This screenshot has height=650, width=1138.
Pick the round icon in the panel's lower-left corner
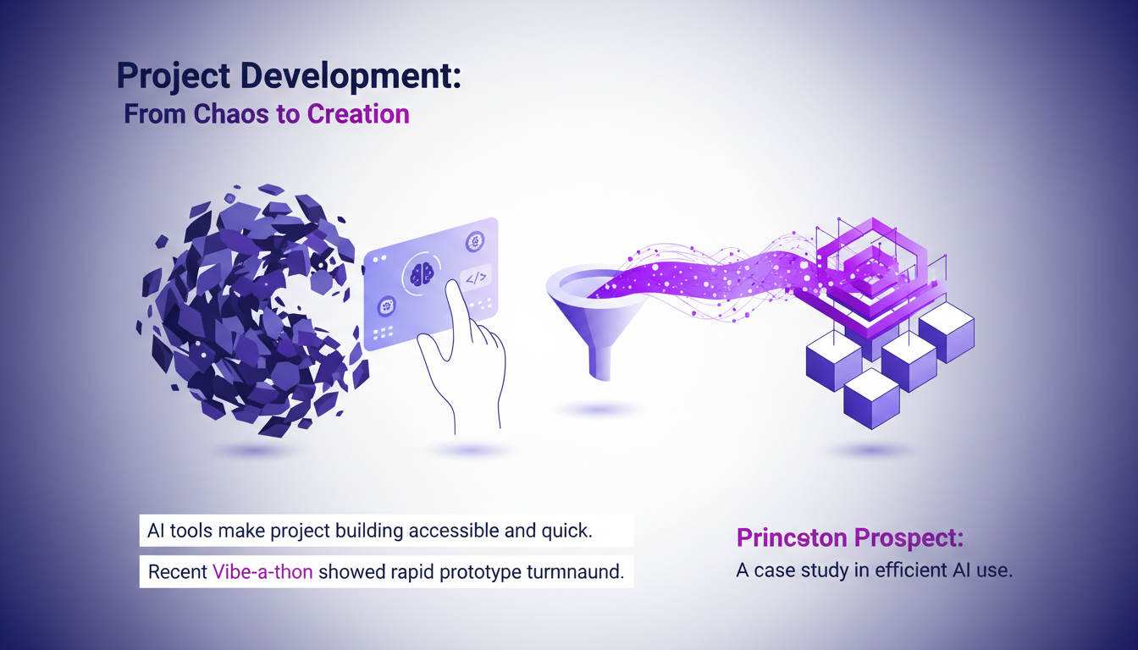[387, 306]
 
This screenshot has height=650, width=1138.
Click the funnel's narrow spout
[600, 364]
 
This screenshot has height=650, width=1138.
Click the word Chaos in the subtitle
[231, 113]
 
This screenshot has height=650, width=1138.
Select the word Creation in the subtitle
[357, 113]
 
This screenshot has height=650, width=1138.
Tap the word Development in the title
[351, 76]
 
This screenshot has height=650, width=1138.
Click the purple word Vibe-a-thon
[262, 571]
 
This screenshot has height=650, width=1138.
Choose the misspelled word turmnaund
[575, 571]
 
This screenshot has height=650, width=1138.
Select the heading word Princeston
[791, 537]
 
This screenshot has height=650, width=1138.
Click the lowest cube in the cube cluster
[871, 397]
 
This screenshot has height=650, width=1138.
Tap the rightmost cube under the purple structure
[947, 332]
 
